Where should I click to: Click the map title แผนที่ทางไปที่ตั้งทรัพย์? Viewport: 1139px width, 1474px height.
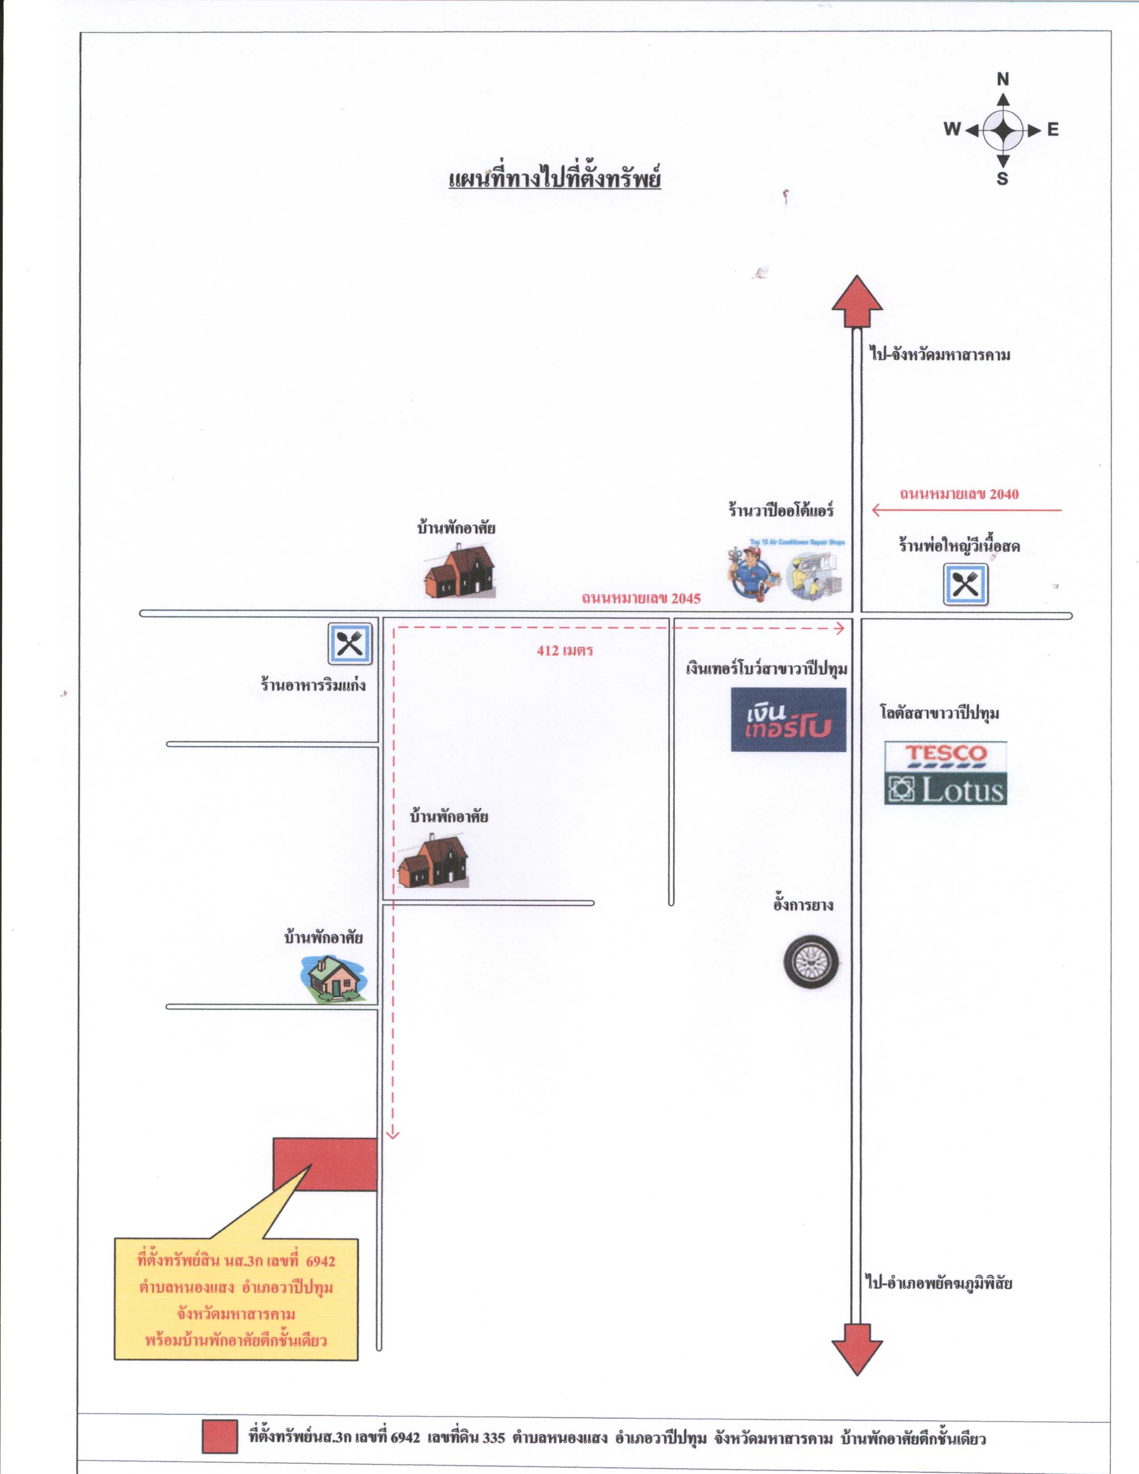[x=555, y=178]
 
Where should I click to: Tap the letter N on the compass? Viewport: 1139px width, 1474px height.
[x=1003, y=80]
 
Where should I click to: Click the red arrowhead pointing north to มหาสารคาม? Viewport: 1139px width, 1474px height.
[x=857, y=301]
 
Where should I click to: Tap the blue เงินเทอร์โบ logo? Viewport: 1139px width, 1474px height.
[x=788, y=720]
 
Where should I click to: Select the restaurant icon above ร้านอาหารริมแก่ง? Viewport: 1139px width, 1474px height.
[x=350, y=644]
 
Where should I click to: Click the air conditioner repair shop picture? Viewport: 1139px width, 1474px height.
[x=785, y=568]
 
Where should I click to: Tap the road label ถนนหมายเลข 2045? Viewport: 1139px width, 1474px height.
[x=641, y=598]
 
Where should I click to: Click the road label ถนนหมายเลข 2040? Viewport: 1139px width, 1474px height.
[x=959, y=494]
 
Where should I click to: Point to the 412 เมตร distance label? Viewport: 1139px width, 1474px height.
[x=565, y=651]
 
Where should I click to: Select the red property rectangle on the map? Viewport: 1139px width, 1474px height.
[x=325, y=1164]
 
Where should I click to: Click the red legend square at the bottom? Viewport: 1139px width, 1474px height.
[x=220, y=1436]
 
